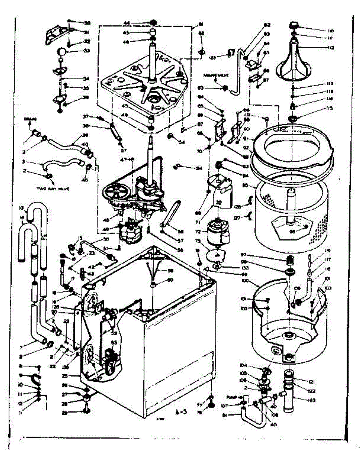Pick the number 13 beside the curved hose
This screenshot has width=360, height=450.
21,208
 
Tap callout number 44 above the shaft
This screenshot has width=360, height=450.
127,23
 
